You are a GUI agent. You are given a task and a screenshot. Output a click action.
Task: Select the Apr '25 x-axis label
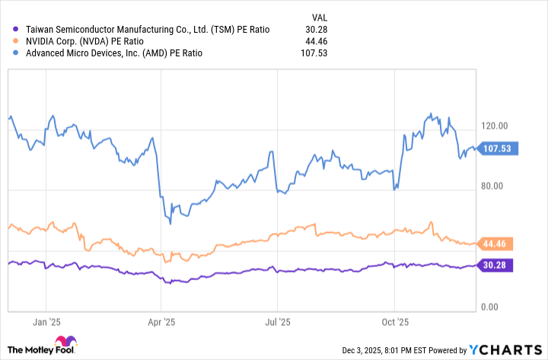tap(161, 322)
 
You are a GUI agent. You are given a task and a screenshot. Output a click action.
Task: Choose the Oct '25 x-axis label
tap(395, 322)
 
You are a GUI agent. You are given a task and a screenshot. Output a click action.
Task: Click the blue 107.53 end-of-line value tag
tap(499, 148)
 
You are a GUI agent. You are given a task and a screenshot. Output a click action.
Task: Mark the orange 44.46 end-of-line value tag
tap(497, 244)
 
